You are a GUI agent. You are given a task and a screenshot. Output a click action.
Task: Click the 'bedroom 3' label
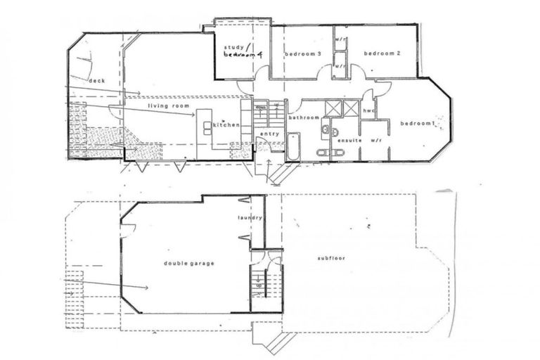coord(303,54)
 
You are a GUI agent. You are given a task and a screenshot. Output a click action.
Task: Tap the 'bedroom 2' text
coord(382,53)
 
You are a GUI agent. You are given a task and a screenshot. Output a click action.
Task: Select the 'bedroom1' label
coord(418,124)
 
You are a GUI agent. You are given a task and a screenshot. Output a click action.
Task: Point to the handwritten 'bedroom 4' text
coord(243,56)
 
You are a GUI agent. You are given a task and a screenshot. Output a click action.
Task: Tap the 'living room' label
coord(169,105)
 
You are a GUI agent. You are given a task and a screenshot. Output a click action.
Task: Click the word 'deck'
coord(97,81)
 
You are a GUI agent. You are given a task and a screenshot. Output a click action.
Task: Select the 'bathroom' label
coord(304,117)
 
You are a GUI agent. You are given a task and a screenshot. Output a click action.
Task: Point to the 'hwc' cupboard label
coord(368,111)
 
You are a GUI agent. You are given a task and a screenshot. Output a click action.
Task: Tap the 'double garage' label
coord(188,263)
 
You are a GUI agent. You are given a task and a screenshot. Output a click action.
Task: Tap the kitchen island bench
coord(207,127)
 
